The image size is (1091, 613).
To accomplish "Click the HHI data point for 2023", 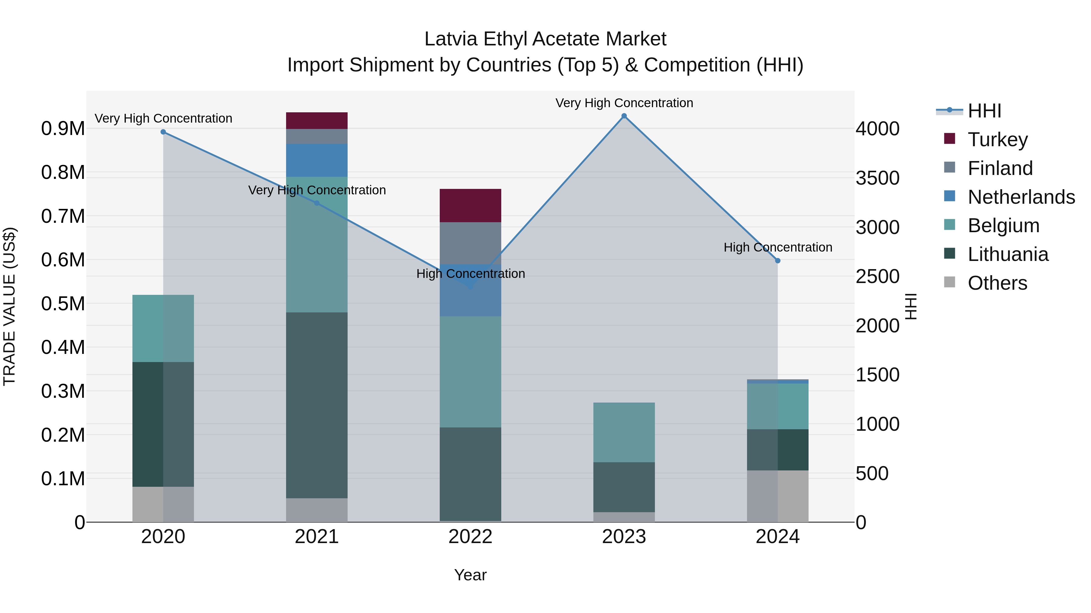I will coord(624,116).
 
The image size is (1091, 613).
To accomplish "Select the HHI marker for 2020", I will coord(163,132).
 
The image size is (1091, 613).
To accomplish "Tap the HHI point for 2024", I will coord(778,261).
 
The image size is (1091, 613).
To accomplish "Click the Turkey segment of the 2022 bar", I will coord(470,206).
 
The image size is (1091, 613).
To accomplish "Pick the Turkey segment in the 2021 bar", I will coord(317,120).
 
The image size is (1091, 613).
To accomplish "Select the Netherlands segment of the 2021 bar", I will coord(317,160).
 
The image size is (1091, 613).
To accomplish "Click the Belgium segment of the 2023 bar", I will coord(624,432).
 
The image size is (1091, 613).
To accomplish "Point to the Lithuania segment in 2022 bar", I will coord(470,474).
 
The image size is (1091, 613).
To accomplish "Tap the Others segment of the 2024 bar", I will coord(778,496).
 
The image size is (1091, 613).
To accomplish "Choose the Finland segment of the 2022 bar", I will coord(470,243).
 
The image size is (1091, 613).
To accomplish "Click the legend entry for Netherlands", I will coord(1021,197).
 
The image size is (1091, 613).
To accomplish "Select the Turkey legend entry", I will coord(997,140).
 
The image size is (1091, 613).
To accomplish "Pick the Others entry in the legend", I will coord(997,283).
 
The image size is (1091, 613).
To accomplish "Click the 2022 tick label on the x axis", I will coord(470,537).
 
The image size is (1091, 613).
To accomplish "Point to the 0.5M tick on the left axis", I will coord(63,304).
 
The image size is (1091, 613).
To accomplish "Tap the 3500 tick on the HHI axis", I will coord(878,178).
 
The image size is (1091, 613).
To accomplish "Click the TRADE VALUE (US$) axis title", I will coord(9,306).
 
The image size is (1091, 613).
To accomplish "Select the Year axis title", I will coord(470,575).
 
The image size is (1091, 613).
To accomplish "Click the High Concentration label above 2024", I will coord(778,248).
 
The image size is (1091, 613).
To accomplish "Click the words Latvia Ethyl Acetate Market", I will coord(545,39).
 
